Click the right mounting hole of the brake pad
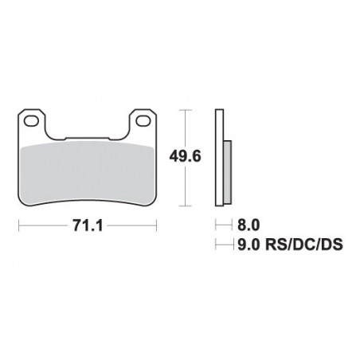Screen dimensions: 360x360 (143, 122)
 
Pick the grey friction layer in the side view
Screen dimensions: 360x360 (228, 171)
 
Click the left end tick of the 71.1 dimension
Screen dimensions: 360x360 (19, 226)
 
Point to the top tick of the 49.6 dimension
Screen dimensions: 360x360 (185, 111)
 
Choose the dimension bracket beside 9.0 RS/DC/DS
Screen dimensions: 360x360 (221, 245)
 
